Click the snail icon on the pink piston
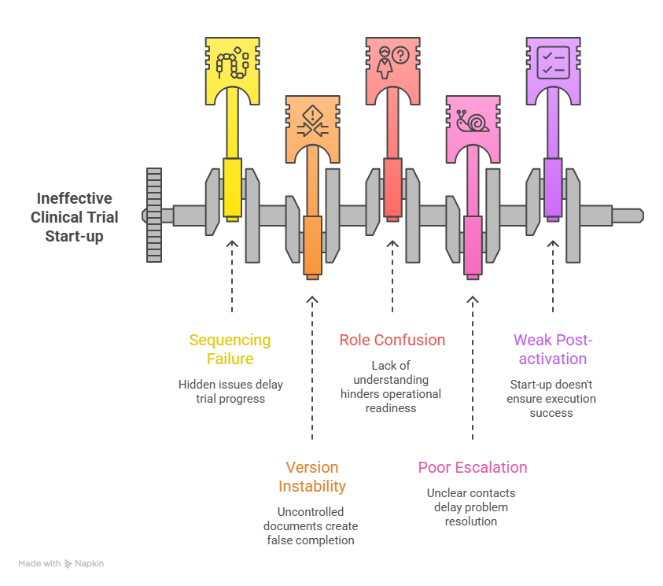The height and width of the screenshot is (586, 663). tap(473, 121)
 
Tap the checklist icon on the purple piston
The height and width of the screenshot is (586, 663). tap(553, 61)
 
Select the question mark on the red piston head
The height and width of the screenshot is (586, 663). tap(400, 55)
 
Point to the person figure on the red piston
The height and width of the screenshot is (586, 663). tap(385, 62)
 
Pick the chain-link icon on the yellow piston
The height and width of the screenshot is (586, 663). tap(232, 62)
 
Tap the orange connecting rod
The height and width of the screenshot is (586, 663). tap(312, 244)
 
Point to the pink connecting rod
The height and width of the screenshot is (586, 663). tap(473, 244)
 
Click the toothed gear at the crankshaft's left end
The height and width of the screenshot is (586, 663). tap(153, 215)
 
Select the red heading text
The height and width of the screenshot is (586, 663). tap(389, 342)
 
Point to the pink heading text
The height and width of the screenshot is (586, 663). tap(470, 470)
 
